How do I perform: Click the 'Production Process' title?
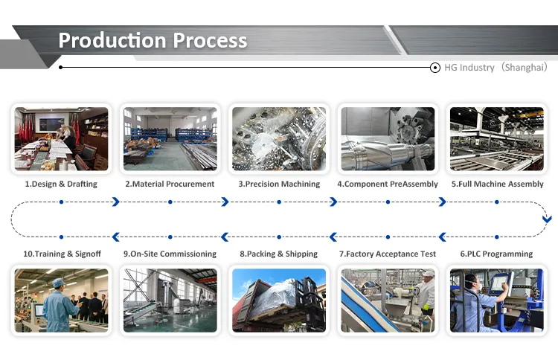(x=153, y=40)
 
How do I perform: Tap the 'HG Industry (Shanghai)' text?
(x=496, y=67)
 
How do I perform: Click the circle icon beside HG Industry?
(x=435, y=68)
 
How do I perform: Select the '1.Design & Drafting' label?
(x=61, y=184)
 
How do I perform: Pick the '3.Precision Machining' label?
(x=279, y=184)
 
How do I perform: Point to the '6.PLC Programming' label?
(x=496, y=254)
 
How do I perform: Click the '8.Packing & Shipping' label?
(x=279, y=254)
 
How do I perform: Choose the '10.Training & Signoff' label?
(x=62, y=254)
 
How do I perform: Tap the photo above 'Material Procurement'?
(x=170, y=139)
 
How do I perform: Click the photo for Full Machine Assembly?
(x=497, y=139)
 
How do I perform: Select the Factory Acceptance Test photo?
(x=388, y=300)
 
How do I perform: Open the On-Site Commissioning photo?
(x=170, y=300)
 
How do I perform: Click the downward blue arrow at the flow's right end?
(x=547, y=219)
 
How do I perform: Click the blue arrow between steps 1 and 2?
(x=115, y=202)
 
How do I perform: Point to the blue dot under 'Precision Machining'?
(x=279, y=202)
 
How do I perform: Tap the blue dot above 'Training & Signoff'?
(x=62, y=237)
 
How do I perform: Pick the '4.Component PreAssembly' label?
(x=388, y=184)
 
